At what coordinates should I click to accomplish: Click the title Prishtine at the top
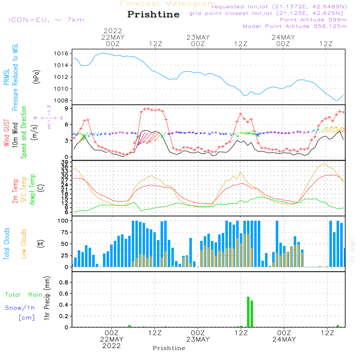pyautogui.click(x=153, y=14)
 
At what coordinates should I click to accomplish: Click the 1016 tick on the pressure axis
pyautogui.click(x=61, y=54)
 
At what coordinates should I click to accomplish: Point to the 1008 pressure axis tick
pyautogui.click(x=61, y=100)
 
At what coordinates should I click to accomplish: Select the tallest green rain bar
pyautogui.click(x=248, y=312)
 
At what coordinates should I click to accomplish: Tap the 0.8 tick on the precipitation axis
pyautogui.click(x=64, y=282)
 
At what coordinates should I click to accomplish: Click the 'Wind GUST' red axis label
pyautogui.click(x=6, y=133)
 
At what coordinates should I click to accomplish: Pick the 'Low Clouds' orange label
pyautogui.click(x=23, y=244)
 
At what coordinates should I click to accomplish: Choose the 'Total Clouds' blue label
pyautogui.click(x=6, y=244)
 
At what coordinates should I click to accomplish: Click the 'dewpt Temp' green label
pyautogui.click(x=32, y=189)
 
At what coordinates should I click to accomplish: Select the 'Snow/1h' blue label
pyautogui.click(x=20, y=308)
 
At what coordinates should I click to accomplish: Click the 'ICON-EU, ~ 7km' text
pyautogui.click(x=46, y=20)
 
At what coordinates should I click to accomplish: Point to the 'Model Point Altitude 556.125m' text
pyautogui.click(x=295, y=26)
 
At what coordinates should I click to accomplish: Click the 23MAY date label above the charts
pyautogui.click(x=198, y=37)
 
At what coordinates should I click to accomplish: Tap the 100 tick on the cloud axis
pyautogui.click(x=63, y=221)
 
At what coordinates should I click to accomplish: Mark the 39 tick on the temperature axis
pyautogui.click(x=65, y=162)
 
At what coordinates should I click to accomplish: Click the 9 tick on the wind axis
pyautogui.click(x=67, y=108)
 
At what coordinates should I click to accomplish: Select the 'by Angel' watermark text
pyautogui.click(x=352, y=249)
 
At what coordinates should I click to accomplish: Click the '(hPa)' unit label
pyautogui.click(x=36, y=77)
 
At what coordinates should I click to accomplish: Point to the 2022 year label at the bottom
pyautogui.click(x=112, y=346)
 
